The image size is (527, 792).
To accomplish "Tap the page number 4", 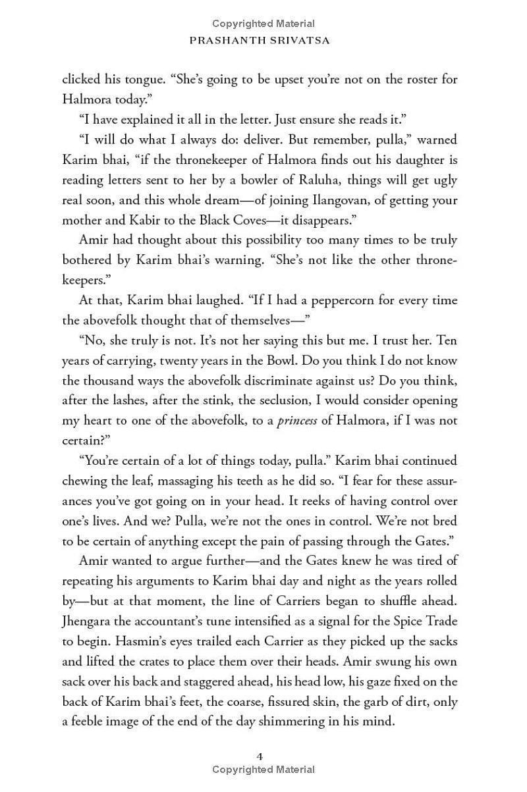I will [x=261, y=756].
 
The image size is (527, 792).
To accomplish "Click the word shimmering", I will [x=287, y=721].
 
